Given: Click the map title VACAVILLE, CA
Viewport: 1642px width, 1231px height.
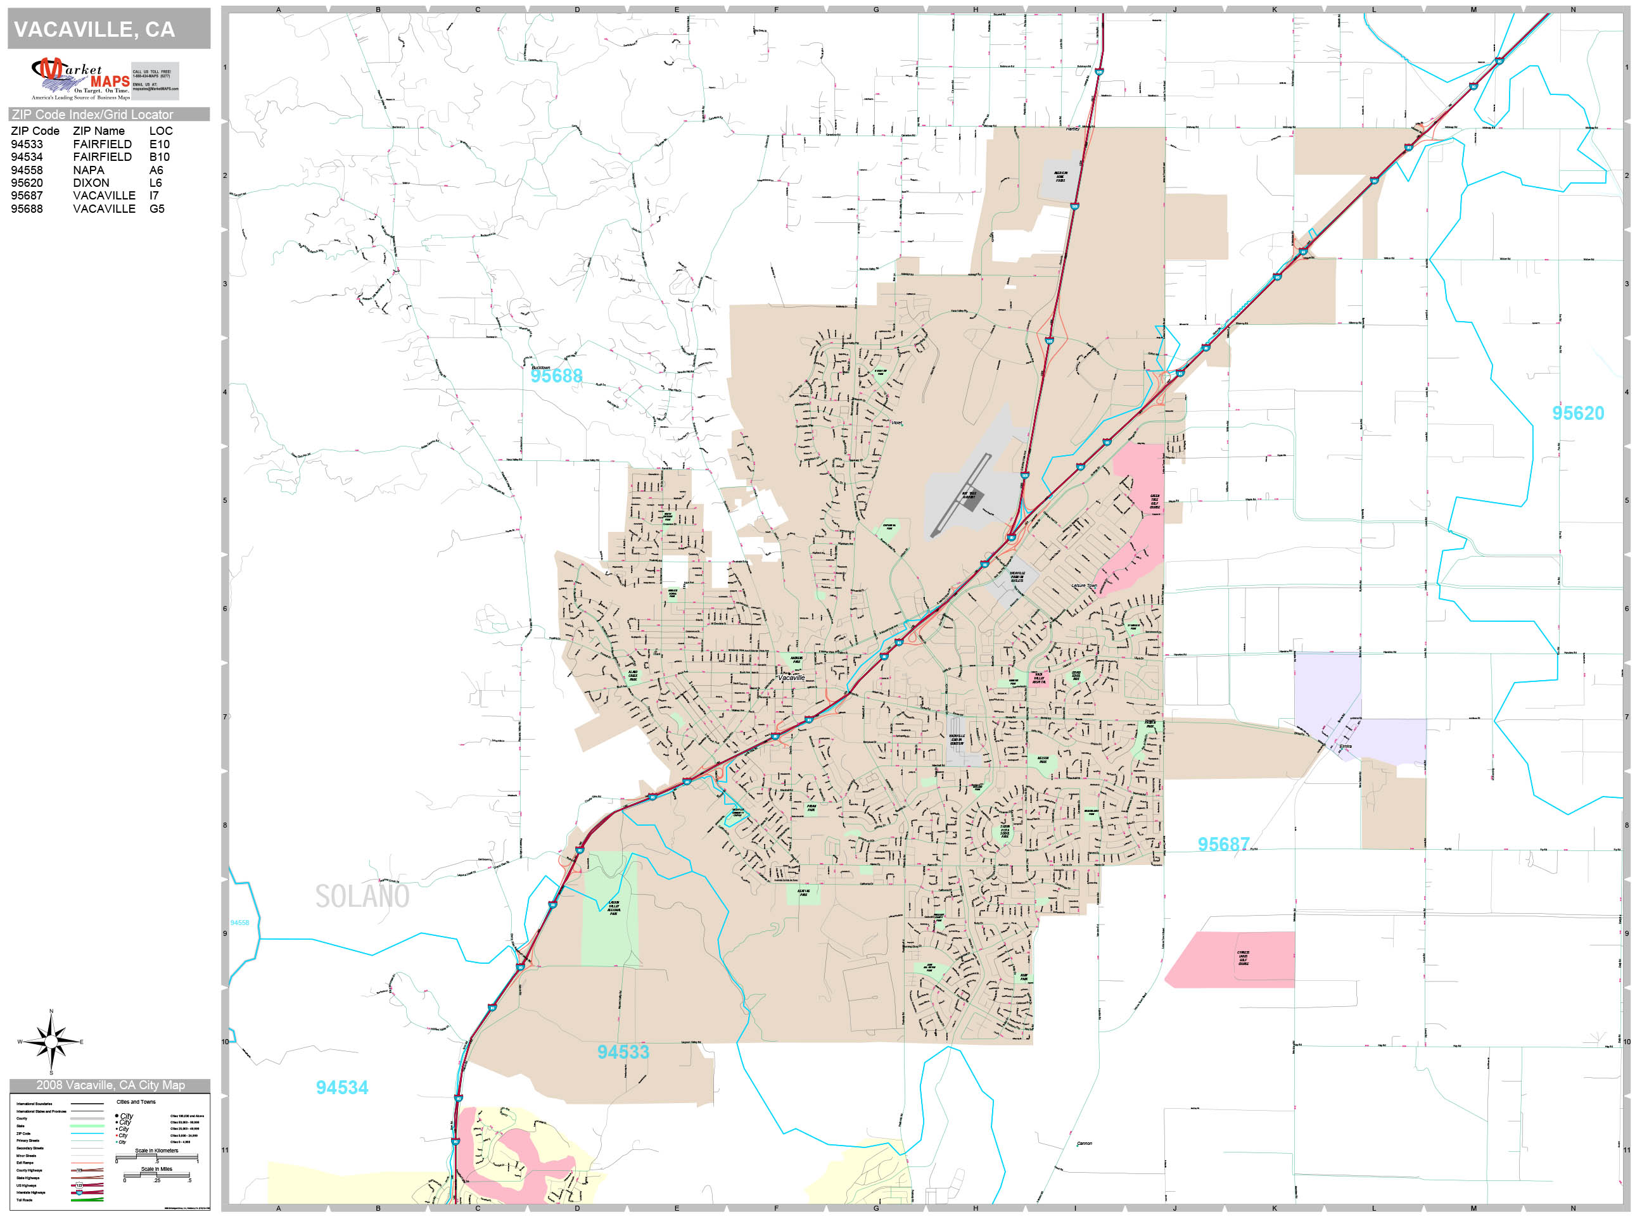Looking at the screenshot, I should [x=94, y=30].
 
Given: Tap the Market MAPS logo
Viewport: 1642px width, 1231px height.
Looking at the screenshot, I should [x=81, y=79].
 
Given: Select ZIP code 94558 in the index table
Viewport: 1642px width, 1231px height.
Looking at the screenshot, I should [x=27, y=170].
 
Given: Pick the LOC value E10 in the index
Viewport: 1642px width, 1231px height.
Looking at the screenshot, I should [x=159, y=144].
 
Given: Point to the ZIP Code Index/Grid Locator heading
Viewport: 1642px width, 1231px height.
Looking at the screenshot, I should [x=92, y=114].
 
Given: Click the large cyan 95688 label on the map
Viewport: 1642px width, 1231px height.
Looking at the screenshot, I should [x=556, y=376].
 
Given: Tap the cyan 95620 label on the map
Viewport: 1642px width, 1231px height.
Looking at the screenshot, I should [x=1577, y=413].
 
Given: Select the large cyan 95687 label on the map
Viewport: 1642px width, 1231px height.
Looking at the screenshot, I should [x=1223, y=844].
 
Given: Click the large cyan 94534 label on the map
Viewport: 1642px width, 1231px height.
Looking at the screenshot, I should [x=341, y=1088].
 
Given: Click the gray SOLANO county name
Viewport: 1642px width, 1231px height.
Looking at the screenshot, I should [x=362, y=897].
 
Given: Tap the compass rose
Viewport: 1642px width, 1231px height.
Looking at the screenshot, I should [x=51, y=1042].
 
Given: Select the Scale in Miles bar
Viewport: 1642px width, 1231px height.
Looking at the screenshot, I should [x=156, y=1175].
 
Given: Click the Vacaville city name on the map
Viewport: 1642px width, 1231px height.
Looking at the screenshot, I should [x=791, y=678].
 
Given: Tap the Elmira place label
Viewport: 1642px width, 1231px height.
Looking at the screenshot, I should [x=1345, y=747].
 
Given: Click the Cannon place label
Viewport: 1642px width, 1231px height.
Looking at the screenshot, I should [x=1085, y=1144].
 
